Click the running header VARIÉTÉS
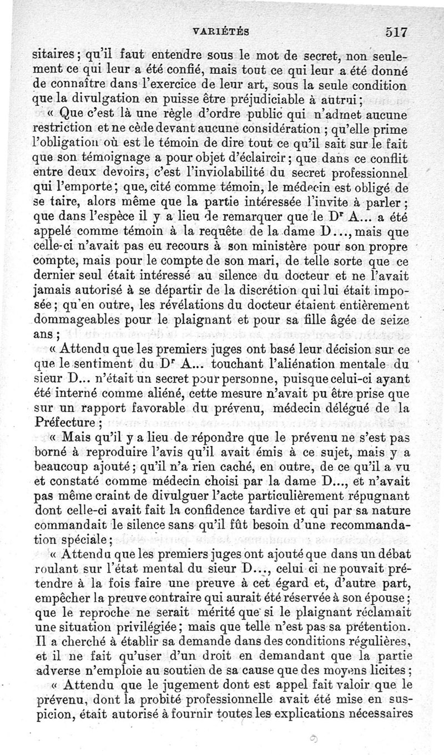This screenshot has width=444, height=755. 222,32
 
